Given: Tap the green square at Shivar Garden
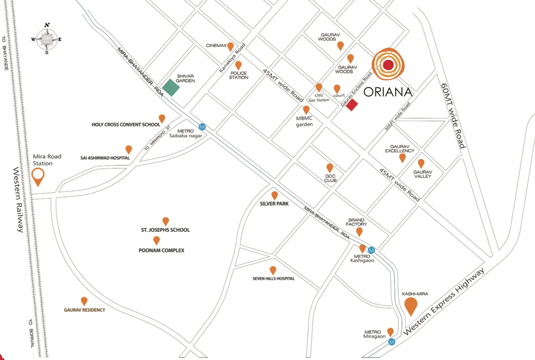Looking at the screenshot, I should pos(171,87).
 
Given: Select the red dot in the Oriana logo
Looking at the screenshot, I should pos(388,65).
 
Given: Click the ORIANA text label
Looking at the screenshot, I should pos(388,92).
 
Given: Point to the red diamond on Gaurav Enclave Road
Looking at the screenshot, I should pos(352,105).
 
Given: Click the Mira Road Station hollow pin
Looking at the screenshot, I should pos(38,176).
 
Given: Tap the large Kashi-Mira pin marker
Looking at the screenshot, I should pos(411,306).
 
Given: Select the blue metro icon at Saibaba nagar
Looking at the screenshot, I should pos(202,126).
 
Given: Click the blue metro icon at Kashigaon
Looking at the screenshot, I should pos(371,250).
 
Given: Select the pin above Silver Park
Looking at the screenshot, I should pos(275,195).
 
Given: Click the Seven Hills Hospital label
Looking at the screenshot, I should pos(273,279).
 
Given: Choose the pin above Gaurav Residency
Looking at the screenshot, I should pos(84,301).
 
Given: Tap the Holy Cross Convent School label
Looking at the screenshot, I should pos(126,125).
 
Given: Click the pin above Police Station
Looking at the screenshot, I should pos(238,65).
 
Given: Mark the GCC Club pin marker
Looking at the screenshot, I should pos(330,168).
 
